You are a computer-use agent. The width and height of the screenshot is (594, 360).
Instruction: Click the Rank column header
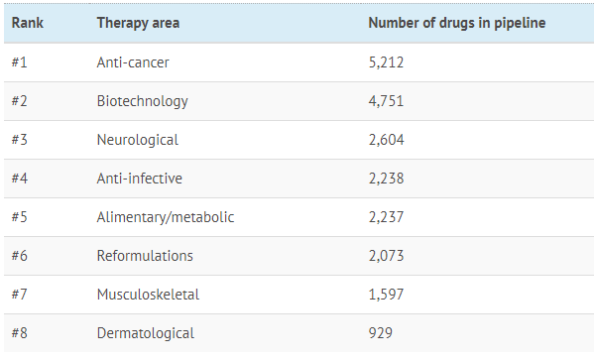[28, 23]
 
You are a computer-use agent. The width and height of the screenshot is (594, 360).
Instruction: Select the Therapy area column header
[138, 23]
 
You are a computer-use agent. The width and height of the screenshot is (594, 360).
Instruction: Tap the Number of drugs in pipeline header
[457, 23]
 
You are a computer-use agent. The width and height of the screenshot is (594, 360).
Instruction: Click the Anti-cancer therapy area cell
[133, 62]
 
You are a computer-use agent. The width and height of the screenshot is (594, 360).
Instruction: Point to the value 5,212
[386, 62]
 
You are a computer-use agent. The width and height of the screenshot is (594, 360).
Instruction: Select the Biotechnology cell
[143, 101]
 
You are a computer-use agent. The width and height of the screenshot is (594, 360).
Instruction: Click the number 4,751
[386, 101]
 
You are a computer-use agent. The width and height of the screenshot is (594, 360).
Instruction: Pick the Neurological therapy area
[138, 140]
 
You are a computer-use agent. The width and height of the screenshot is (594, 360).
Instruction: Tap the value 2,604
[387, 140]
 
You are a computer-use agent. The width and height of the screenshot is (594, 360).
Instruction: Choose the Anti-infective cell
[140, 179]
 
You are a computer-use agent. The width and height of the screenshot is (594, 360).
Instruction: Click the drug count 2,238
[387, 179]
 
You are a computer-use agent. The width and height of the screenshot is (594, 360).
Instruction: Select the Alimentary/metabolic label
[166, 217]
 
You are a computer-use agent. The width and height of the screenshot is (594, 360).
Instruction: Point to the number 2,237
[386, 217]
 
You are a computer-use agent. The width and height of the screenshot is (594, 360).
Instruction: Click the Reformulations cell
[145, 256]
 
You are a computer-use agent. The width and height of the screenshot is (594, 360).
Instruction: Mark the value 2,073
[387, 256]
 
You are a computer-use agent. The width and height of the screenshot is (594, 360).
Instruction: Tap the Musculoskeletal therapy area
[148, 295]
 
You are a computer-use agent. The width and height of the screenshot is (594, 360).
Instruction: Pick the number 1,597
[387, 295]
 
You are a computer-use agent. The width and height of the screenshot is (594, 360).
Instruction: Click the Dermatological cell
[146, 333]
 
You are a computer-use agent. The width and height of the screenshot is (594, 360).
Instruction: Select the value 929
[381, 333]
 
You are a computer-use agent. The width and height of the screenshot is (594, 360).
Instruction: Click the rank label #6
[19, 256]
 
